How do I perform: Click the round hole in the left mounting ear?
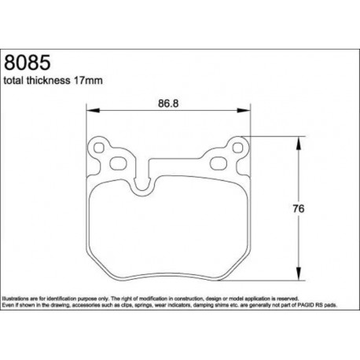tap(99, 146)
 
